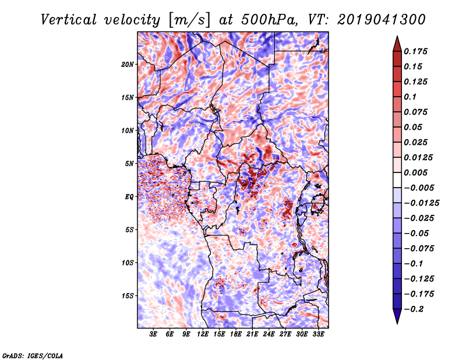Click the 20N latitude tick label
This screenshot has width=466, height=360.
pos(128,65)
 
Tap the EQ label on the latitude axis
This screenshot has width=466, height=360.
pos(129,197)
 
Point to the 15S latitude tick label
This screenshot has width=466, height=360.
pos(128,296)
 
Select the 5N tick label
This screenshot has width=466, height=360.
pos(129,164)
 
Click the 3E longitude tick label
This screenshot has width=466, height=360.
pos(153,334)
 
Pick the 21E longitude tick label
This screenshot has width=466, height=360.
pos(252,334)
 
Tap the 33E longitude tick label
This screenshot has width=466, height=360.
pos(318,334)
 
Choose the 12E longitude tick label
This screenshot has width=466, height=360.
pos(203,334)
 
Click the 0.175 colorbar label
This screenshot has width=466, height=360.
pos(416,51)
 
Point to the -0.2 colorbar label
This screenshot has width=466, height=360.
pos(414,309)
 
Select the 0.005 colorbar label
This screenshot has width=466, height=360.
pos(416,172)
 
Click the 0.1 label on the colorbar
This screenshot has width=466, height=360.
pos(410,97)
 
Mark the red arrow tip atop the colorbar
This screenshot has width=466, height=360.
pos(397,36)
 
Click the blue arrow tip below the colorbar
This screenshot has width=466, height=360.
pos(397,323)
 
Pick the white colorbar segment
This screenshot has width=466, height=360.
pos(397,180)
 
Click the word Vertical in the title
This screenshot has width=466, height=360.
pos(69,20)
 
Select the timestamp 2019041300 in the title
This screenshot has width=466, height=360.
pos(382,20)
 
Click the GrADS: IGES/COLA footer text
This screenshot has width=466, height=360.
pos(33,355)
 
